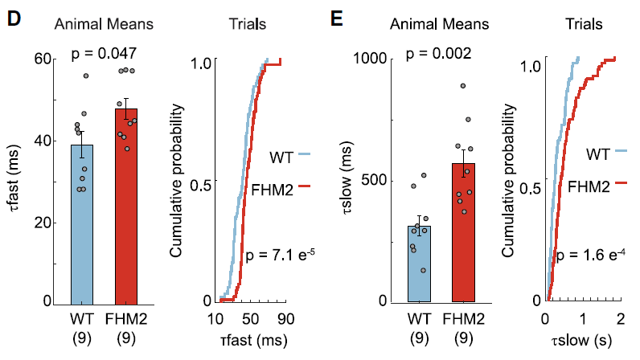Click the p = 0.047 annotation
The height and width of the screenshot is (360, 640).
(103, 54)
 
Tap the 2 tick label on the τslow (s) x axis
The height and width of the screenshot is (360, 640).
(614, 318)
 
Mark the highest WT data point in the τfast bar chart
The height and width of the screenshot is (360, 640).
(86, 76)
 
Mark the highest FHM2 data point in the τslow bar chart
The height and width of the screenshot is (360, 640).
(463, 86)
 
